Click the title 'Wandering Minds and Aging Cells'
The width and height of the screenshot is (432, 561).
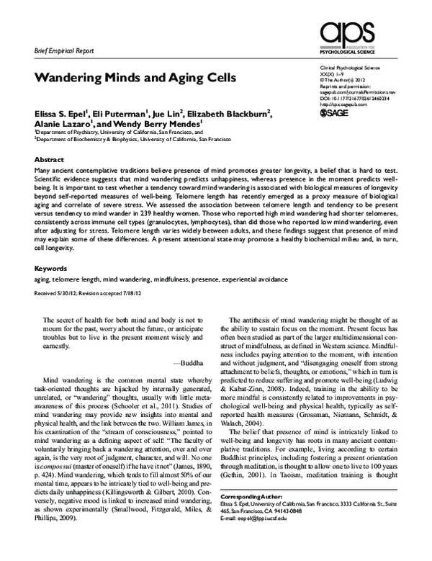coord(123,77)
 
